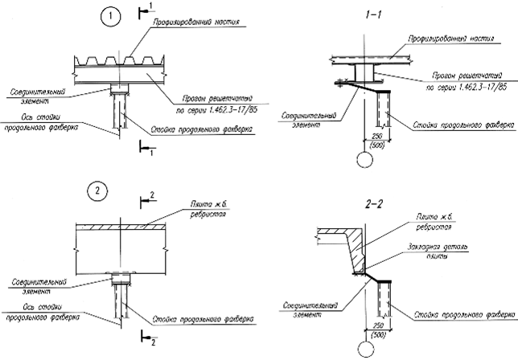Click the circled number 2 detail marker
click(97, 190)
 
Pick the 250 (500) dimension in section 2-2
click(372, 329)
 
